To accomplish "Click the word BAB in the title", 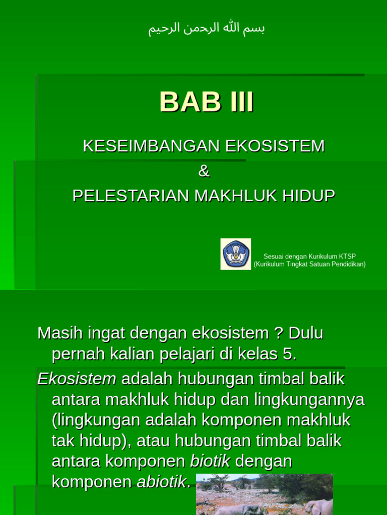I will coord(190,102).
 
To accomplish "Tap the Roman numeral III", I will coord(242,102).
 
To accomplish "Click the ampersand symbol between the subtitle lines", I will coord(204,171).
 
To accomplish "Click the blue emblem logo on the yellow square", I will coord(235,254).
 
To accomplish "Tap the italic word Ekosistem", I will coord(77,379).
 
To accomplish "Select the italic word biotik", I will coord(210,461).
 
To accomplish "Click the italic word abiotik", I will coord(161,482).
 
